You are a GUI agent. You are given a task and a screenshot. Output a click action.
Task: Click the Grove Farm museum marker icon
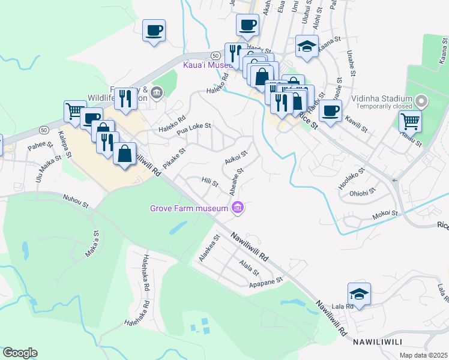(238, 208)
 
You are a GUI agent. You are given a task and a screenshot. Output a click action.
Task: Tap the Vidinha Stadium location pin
(421, 101)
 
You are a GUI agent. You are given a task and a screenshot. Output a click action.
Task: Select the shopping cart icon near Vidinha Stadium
(410, 121)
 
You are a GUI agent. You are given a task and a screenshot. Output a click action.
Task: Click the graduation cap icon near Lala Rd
(359, 294)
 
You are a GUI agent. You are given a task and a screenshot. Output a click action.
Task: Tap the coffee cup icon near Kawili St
(330, 111)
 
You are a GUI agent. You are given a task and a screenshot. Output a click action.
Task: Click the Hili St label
(209, 181)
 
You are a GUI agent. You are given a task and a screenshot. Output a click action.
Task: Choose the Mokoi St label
(385, 214)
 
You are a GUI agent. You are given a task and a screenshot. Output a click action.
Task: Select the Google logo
(20, 353)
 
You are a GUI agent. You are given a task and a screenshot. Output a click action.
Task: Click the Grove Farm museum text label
(189, 209)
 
